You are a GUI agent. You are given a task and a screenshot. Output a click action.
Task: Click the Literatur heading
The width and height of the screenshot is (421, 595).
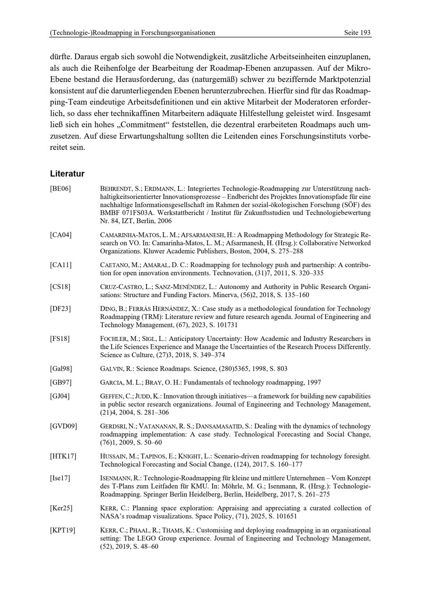67,173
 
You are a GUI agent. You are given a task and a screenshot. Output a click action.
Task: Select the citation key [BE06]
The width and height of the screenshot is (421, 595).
60,189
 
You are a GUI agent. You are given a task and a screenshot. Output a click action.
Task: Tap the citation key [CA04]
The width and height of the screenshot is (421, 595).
61,235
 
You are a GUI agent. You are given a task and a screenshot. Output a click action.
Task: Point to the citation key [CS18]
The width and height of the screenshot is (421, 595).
60,287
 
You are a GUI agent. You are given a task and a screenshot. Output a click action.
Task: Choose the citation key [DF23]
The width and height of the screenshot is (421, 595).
60,309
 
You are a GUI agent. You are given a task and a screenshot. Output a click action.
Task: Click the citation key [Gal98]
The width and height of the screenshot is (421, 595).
61,369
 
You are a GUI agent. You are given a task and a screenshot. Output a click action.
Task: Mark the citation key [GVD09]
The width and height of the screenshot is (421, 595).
64,426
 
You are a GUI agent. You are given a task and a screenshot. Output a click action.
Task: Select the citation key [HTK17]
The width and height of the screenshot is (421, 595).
63,456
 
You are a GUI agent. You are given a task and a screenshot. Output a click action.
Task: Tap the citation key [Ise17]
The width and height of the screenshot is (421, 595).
60,478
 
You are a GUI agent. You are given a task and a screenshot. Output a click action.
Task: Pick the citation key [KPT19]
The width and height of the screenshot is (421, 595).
62,530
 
